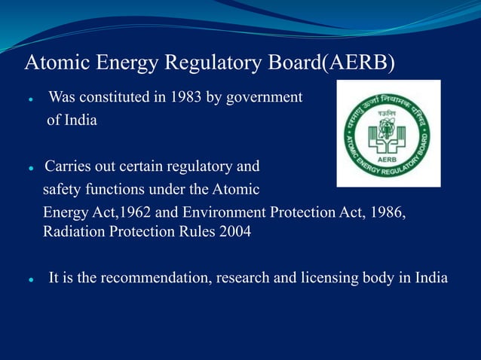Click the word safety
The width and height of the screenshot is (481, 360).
click(x=63, y=189)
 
